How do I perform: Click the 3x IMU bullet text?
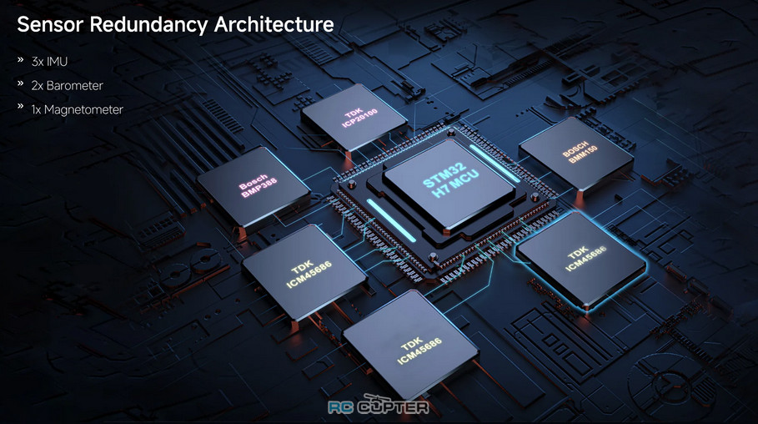pyautogui.click(x=49, y=62)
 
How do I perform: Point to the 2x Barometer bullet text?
pyautogui.click(x=68, y=86)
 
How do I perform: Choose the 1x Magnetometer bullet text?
pyautogui.click(x=78, y=110)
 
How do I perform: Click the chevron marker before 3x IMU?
pyautogui.click(x=20, y=59)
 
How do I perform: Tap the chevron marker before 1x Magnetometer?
pyautogui.click(x=20, y=106)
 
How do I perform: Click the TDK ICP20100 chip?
pyautogui.click(x=354, y=118)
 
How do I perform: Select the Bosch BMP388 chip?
pyautogui.click(x=254, y=186)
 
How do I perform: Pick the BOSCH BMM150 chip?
pyautogui.click(x=576, y=154)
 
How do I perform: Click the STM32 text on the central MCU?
pyautogui.click(x=444, y=175)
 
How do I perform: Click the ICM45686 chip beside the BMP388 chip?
pyautogui.click(x=304, y=274)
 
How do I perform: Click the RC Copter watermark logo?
pyautogui.click(x=378, y=406)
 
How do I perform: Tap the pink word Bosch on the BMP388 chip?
pyautogui.click(x=254, y=181)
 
